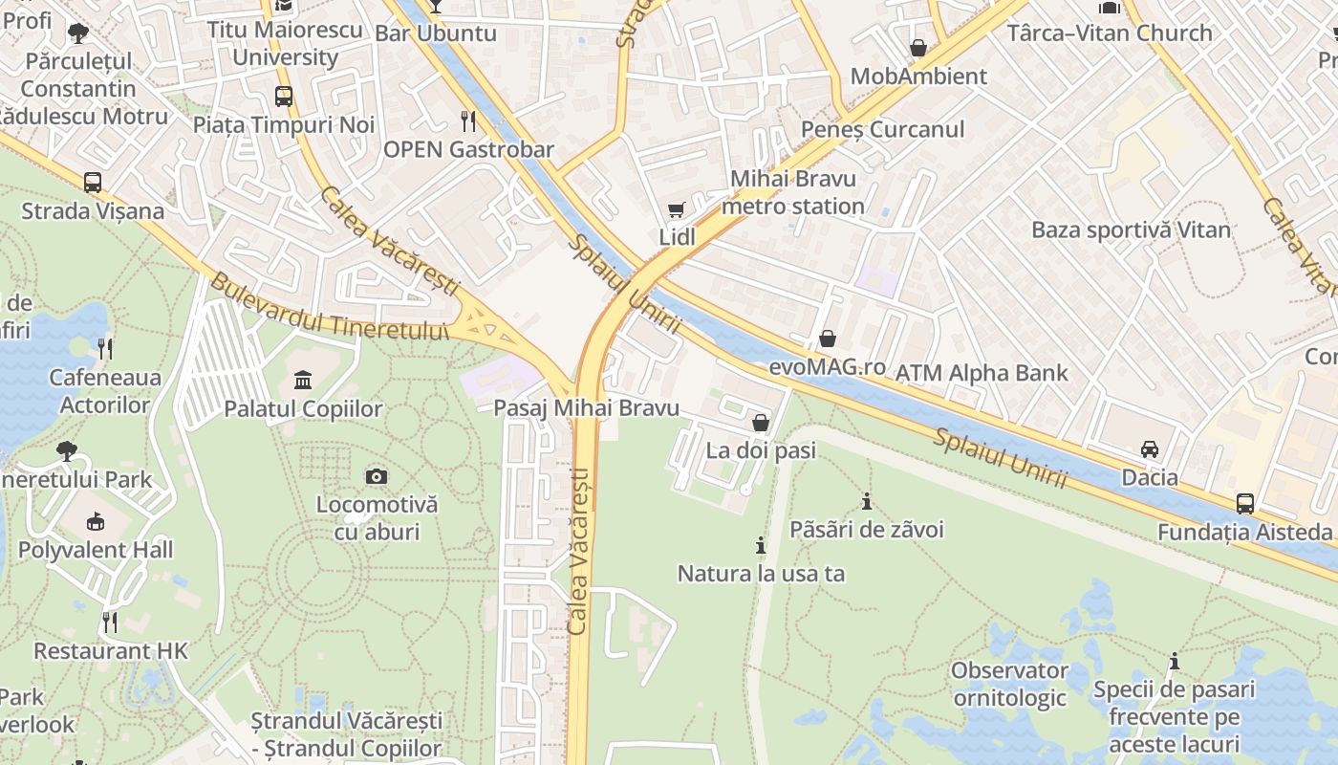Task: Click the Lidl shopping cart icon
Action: click(x=677, y=209)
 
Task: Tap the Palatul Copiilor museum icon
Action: click(x=303, y=381)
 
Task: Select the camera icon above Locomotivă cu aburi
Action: click(x=377, y=476)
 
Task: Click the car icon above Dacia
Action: click(x=1149, y=448)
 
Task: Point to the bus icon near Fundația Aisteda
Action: click(x=1244, y=503)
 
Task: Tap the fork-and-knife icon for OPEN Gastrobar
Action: click(x=468, y=120)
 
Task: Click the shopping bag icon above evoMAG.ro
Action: click(x=828, y=339)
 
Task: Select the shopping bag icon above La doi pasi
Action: click(x=761, y=422)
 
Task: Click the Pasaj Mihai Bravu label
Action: click(x=586, y=408)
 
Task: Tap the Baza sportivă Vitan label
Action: click(x=1131, y=229)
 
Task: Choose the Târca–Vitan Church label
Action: click(x=1110, y=33)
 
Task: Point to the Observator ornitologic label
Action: click(x=1009, y=684)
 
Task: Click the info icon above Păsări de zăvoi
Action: click(x=867, y=501)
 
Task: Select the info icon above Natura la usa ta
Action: click(x=761, y=545)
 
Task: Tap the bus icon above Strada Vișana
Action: click(x=93, y=182)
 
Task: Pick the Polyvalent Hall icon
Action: click(x=95, y=522)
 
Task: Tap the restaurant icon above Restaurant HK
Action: click(x=110, y=623)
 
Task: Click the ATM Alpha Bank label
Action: click(x=982, y=372)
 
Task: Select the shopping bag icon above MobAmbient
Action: click(x=918, y=47)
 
